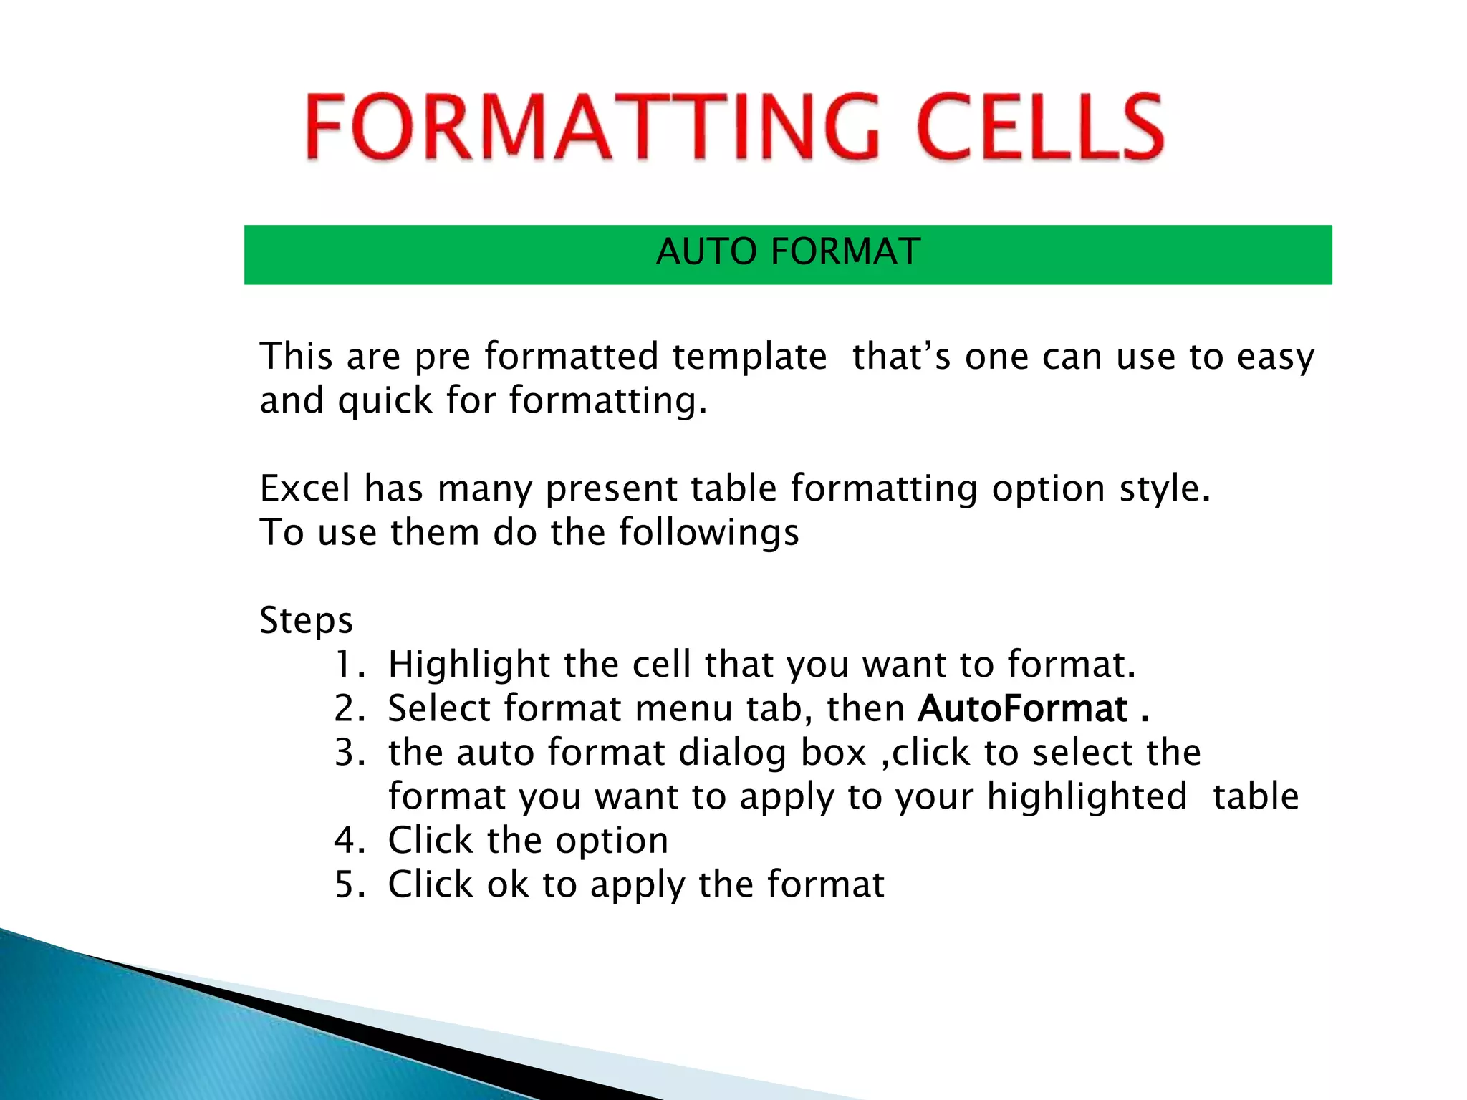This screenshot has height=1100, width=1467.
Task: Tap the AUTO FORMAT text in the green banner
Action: [788, 252]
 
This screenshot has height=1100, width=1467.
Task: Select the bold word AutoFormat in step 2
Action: [1023, 709]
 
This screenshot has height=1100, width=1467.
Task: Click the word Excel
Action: [305, 488]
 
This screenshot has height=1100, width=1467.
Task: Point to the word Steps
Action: [306, 621]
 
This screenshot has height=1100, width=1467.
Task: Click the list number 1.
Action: [347, 665]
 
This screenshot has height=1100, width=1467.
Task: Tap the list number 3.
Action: [349, 753]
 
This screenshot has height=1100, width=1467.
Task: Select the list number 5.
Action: [349, 884]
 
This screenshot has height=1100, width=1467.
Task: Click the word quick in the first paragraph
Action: [385, 400]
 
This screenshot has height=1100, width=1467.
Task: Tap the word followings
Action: [708, 533]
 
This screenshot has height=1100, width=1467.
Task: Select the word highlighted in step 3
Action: [1087, 797]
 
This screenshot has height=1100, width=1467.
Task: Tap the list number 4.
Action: [349, 841]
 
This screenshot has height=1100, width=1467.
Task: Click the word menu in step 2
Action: [683, 709]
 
